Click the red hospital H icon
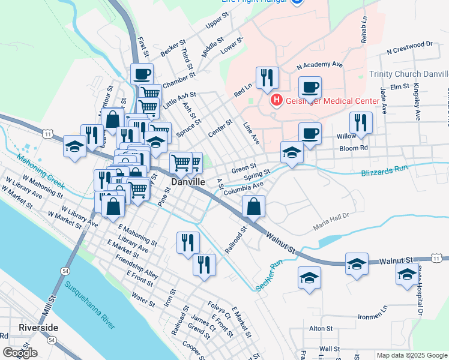276,100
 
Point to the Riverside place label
38,328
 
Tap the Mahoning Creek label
38,170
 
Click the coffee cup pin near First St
142,74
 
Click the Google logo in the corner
20,353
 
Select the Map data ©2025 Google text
412,355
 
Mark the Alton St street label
321,328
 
